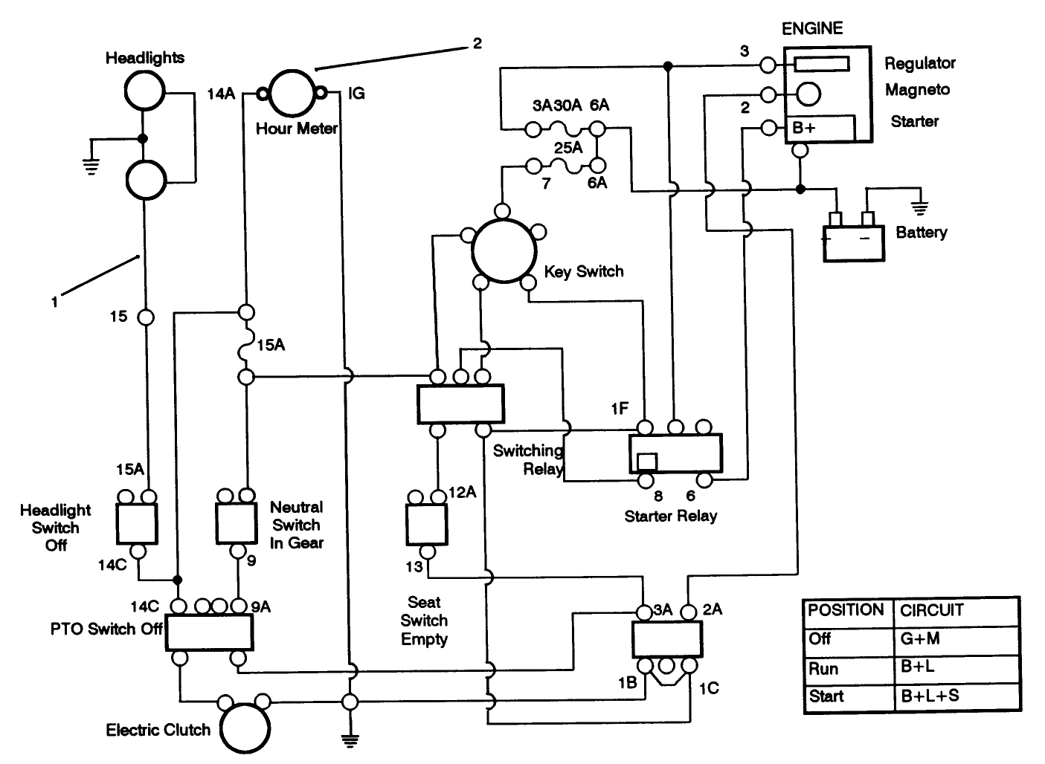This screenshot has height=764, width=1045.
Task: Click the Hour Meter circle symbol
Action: tap(292, 94)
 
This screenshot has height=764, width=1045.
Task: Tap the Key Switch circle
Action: tap(504, 250)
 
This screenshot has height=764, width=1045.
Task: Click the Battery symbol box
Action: tap(853, 242)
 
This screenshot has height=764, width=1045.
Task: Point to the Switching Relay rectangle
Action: tap(460, 404)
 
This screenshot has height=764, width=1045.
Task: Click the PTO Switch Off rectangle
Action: tap(208, 632)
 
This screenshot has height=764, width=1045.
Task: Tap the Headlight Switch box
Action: tap(137, 523)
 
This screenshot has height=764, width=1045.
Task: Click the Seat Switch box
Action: tap(426, 524)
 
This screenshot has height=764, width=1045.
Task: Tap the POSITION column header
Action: tap(846, 610)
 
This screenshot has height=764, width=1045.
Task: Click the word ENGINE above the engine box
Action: tap(812, 28)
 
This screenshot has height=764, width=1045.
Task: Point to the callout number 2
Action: tap(477, 44)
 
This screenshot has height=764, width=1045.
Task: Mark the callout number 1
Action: tap(54, 302)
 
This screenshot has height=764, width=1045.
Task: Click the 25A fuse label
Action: tap(567, 148)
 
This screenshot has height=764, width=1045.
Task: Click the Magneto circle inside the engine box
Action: tap(808, 94)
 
